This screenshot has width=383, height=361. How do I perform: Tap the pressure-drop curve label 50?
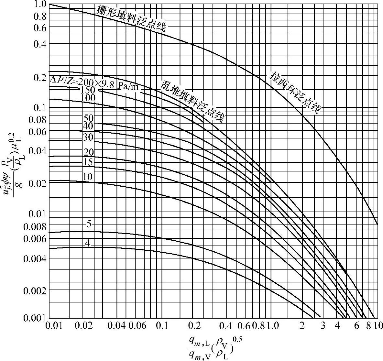88,118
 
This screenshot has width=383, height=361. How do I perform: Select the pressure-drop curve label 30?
88,137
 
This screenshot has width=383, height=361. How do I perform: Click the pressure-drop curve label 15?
88,161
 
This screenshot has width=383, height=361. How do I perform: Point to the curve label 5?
89,224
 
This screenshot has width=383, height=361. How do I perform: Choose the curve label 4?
87,243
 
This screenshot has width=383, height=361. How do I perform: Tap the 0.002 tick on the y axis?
35,290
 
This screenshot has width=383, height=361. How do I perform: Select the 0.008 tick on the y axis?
35,226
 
